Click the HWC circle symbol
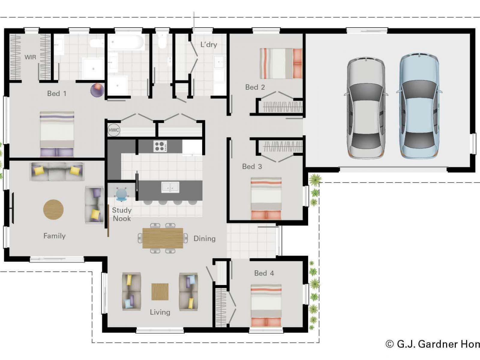pos(114,130)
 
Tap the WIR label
pos(30,57)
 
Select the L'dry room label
pos(208,45)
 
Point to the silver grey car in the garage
pos(366,107)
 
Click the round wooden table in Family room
pos(53,209)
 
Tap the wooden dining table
pos(163,238)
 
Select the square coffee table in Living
pos(160,292)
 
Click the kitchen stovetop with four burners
pos(160,146)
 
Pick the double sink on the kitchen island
pos(170,187)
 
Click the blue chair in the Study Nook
pos(121,194)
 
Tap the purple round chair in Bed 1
pos(97,90)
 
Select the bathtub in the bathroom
pos(126,42)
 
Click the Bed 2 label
pos(255,87)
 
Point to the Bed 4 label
pos(264,273)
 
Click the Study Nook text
pos(122,214)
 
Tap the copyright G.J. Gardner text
pos(433,344)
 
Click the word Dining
pos(205,239)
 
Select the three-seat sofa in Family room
pos(57,172)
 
